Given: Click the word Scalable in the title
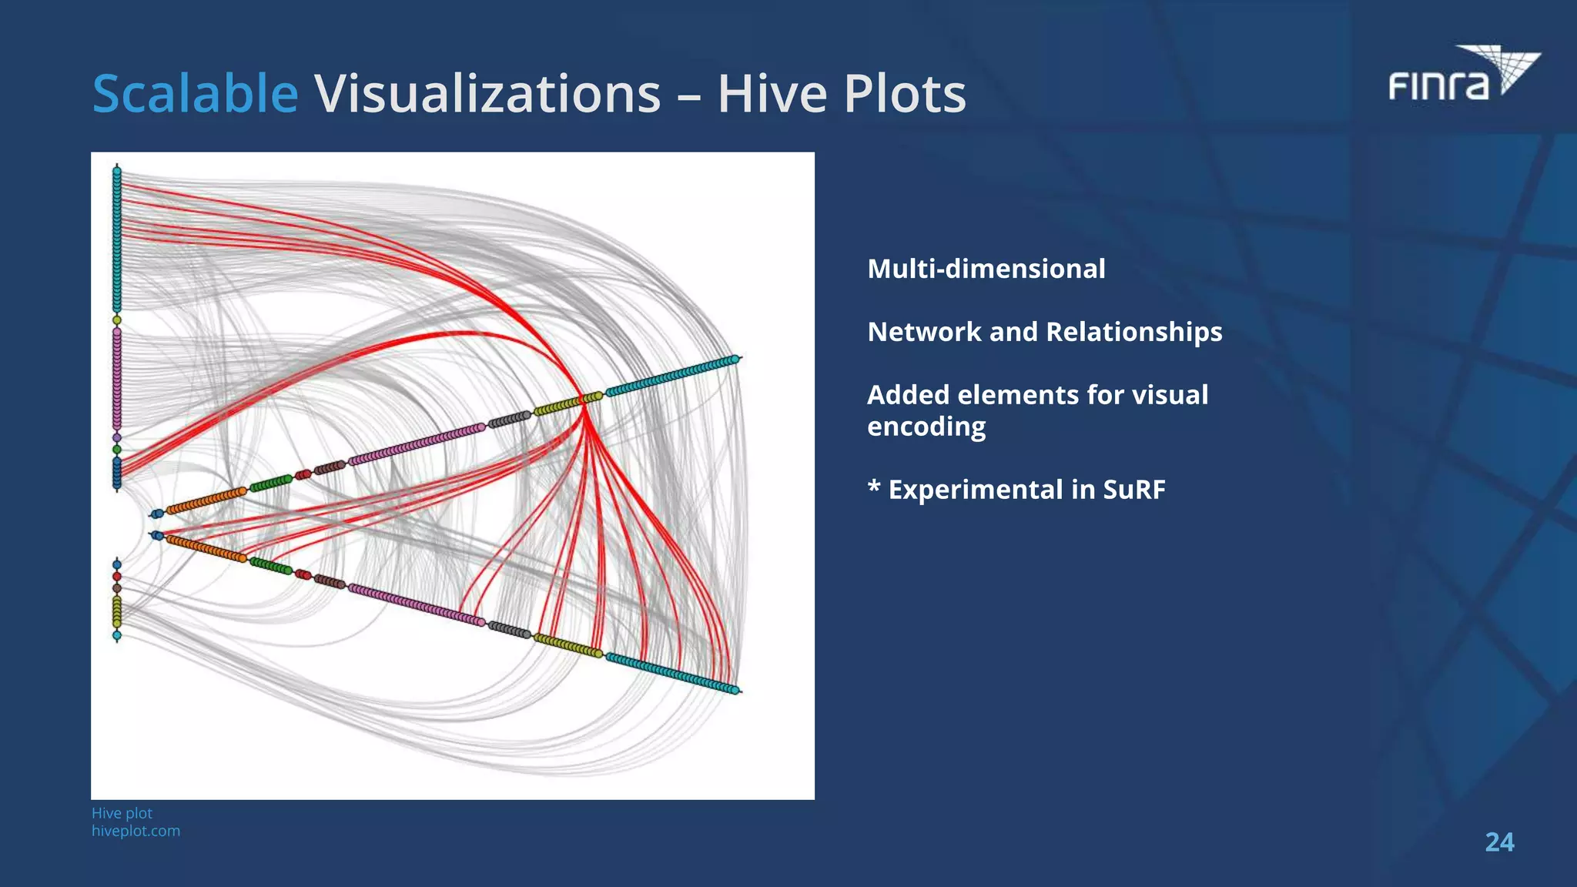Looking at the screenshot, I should tap(195, 94).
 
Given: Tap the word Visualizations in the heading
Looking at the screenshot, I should tap(487, 94).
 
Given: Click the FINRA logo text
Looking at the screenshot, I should tap(1438, 85).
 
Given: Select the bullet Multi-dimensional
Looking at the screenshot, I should tap(986, 269).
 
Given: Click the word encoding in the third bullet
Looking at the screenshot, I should tap(926, 427).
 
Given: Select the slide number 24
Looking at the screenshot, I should tap(1498, 842).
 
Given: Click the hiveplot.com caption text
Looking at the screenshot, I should tap(136, 831).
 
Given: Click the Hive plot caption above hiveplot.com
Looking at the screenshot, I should tap(122, 813).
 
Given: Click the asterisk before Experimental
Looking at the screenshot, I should tap(874, 487).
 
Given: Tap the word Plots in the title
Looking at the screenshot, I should tap(904, 94).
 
